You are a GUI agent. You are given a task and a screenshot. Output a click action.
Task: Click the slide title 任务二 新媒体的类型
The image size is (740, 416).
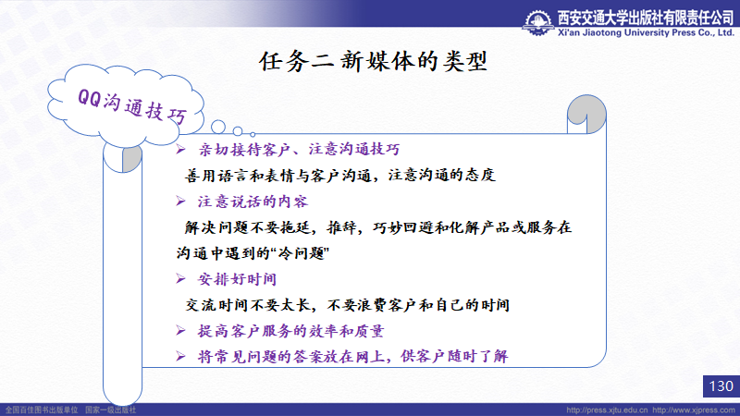point(373,61)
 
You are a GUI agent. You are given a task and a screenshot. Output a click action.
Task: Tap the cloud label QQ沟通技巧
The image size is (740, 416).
point(132,106)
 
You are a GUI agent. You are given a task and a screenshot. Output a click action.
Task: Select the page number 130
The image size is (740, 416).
point(721,386)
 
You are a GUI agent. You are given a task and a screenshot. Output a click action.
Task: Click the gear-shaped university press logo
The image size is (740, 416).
point(538,22)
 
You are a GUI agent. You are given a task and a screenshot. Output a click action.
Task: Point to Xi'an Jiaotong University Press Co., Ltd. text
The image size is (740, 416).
point(646,32)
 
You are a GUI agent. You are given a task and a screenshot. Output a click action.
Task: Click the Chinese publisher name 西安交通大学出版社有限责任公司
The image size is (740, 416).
point(646,18)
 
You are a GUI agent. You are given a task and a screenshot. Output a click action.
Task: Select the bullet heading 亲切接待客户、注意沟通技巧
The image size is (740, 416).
point(299,150)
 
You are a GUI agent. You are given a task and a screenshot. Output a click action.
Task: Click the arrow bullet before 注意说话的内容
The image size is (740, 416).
point(180,202)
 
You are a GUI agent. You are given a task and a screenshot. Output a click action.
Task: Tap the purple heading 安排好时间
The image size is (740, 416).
point(237,279)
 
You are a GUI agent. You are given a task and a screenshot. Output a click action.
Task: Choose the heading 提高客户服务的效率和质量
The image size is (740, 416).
point(290,331)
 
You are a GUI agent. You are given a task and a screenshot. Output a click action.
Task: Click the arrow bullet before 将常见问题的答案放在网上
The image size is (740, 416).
point(180,356)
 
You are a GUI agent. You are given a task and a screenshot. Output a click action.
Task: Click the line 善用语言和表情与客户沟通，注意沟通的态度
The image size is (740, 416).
point(339,176)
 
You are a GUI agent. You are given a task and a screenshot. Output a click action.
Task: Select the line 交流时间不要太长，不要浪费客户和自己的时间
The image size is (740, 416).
point(348,305)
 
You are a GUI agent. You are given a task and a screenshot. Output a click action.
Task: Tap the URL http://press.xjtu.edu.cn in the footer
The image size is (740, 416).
point(607,410)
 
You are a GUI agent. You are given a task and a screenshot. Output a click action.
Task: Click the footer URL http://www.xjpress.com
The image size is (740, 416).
point(694,410)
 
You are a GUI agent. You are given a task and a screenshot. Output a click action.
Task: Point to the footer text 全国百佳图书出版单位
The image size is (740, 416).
point(42,410)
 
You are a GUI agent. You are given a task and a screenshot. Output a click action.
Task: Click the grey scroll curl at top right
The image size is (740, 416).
point(586,114)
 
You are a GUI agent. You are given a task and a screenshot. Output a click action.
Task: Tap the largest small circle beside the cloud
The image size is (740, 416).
point(218,127)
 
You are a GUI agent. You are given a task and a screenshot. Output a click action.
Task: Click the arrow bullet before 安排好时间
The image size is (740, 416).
point(180,279)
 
